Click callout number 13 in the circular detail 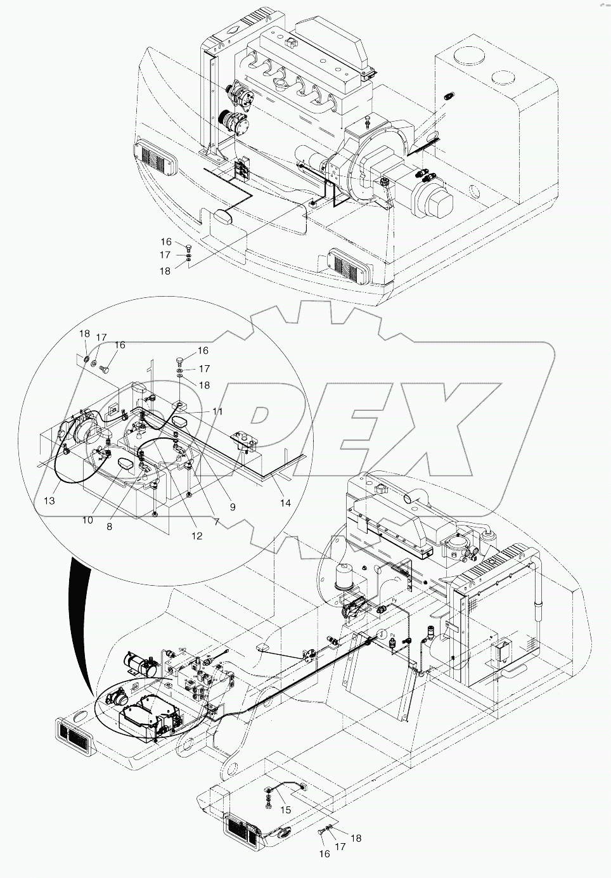pos(49,501)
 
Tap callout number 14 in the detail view pos(285,503)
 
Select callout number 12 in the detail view pos(196,536)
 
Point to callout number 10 pos(87,520)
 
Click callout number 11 pos(217,411)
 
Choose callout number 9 pos(232,507)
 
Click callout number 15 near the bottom pos(285,810)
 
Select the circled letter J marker pos(383,634)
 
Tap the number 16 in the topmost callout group pos(165,242)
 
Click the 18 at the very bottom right pos(356,838)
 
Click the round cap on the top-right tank pos(504,77)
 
